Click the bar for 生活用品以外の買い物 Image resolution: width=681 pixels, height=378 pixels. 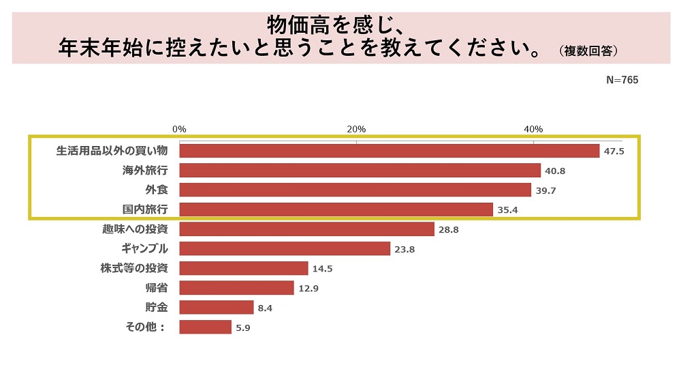click(x=389, y=151)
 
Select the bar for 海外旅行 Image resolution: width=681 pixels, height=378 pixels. click(x=360, y=171)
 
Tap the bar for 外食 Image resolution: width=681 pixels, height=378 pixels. click(x=355, y=190)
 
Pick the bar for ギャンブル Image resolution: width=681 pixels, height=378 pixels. click(x=285, y=249)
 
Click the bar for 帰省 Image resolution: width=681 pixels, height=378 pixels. click(x=236, y=288)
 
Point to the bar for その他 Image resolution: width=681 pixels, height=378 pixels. click(x=205, y=328)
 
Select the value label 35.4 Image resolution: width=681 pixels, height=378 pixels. click(x=508, y=210)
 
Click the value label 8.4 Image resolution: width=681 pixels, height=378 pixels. click(x=265, y=308)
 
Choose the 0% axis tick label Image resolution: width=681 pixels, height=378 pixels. click(x=179, y=129)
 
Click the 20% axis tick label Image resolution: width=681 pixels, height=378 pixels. click(x=356, y=129)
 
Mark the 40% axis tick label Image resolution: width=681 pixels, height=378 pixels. click(x=533, y=129)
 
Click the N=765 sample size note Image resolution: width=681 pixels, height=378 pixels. click(x=622, y=80)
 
